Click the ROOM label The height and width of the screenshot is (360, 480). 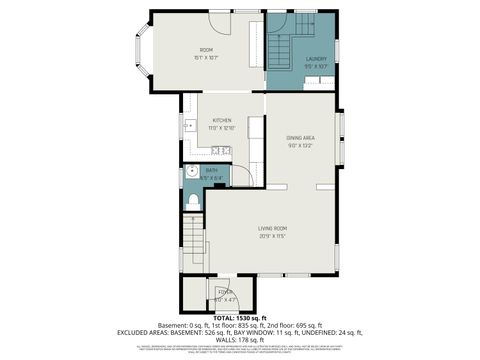pyautogui.click(x=206, y=50)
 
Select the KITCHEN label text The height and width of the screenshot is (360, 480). pyautogui.click(x=221, y=120)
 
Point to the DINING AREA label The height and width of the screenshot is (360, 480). pyautogui.click(x=301, y=137)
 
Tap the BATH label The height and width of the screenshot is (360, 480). pyautogui.click(x=211, y=171)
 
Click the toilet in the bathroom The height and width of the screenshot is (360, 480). pyautogui.click(x=193, y=202)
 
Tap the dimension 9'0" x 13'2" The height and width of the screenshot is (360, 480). pyautogui.click(x=301, y=145)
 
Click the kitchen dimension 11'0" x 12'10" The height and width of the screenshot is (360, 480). pyautogui.click(x=221, y=128)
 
